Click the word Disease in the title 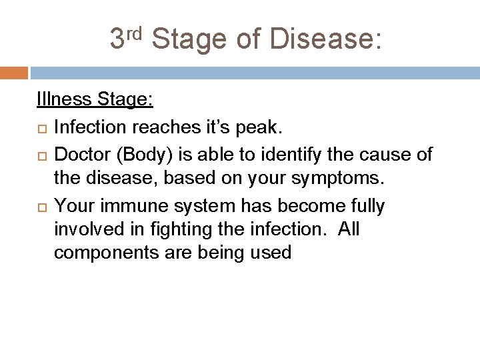click(326, 39)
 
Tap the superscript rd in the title click(135, 32)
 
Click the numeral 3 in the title click(117, 39)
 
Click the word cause click(380, 155)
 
